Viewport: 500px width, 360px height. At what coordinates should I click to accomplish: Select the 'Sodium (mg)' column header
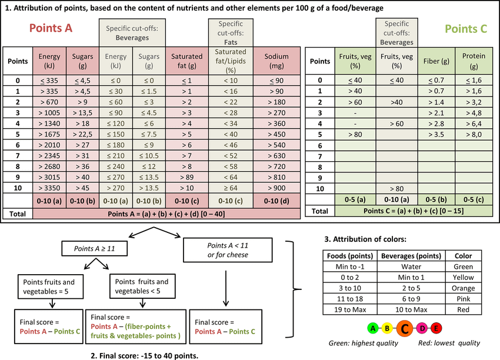coord(276,61)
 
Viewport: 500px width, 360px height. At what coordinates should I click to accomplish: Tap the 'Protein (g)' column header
coord(474,61)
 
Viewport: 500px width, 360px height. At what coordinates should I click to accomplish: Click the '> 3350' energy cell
coord(49,188)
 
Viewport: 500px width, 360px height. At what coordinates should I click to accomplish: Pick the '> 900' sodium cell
coord(276,188)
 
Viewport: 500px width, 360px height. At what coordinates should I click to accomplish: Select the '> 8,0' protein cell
coord(474,134)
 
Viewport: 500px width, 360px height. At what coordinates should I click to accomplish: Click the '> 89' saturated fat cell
coord(186,177)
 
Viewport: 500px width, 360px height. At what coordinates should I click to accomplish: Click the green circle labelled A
coord(371,328)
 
